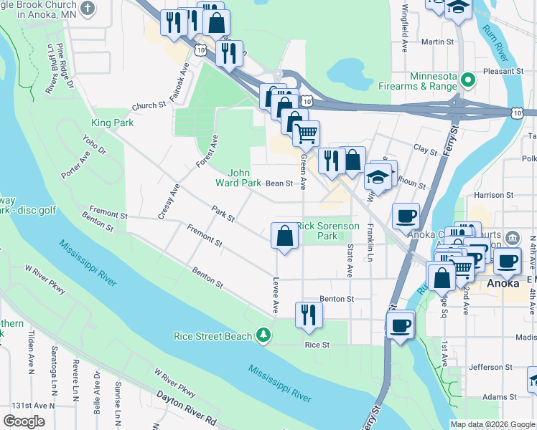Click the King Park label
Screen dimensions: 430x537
pyautogui.click(x=112, y=123)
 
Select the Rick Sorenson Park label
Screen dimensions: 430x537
pyautogui.click(x=327, y=231)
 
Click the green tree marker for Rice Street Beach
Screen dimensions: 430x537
pyautogui.click(x=264, y=335)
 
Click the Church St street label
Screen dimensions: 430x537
pyautogui.click(x=149, y=106)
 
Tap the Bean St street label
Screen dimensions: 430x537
pyautogui.click(x=279, y=183)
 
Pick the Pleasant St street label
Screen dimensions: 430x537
pyautogui.click(x=503, y=72)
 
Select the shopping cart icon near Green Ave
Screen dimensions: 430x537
pyautogui.click(x=306, y=133)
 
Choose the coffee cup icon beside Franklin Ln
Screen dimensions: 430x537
pyautogui.click(x=406, y=215)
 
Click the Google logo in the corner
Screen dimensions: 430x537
pyautogui.click(x=24, y=421)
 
